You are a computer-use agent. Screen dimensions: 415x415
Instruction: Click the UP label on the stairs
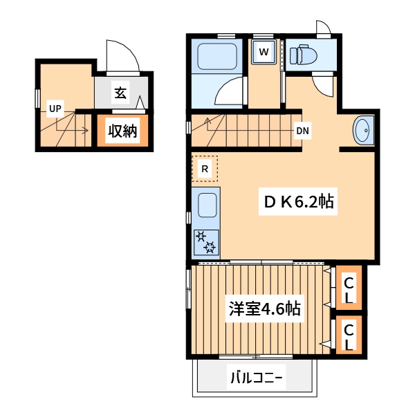click(55, 108)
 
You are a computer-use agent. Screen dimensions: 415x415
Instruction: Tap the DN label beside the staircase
click(302, 130)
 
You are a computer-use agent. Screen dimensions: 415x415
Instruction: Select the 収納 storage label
click(122, 130)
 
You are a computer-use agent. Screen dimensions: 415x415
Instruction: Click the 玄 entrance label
click(120, 92)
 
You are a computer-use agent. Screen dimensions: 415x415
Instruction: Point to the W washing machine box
click(264, 50)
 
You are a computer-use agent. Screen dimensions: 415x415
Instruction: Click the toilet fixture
click(302, 53)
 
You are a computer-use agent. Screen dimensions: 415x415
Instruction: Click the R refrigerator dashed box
click(205, 167)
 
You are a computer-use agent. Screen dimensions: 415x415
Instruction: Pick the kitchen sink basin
click(207, 205)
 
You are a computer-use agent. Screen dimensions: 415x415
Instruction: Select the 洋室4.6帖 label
click(264, 308)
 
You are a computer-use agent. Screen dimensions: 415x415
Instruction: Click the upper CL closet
click(349, 290)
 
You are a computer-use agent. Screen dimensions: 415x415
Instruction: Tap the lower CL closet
click(349, 335)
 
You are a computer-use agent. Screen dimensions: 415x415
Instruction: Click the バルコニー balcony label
click(255, 378)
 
